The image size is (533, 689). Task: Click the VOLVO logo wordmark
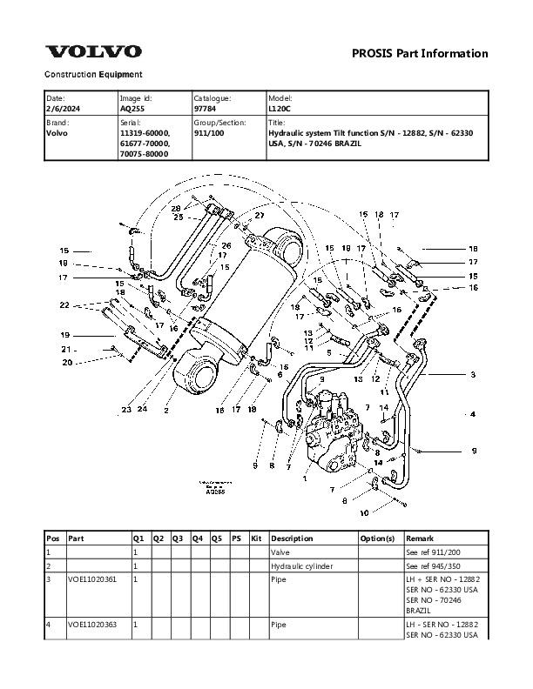click(x=93, y=52)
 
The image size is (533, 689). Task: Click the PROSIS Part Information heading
click(x=420, y=54)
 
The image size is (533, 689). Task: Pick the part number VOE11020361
click(x=91, y=579)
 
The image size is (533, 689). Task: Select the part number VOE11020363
click(x=91, y=624)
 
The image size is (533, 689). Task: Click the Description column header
click(x=292, y=539)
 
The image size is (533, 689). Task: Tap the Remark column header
click(x=419, y=539)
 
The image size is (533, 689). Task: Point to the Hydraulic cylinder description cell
click(x=304, y=565)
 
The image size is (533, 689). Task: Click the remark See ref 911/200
click(x=435, y=552)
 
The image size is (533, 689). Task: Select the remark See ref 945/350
click(x=435, y=565)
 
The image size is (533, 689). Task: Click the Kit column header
click(x=256, y=539)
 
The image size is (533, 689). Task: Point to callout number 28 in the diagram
click(x=175, y=209)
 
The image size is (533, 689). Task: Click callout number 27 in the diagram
click(x=259, y=215)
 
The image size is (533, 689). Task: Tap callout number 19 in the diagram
click(x=64, y=335)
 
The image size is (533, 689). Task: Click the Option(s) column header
click(x=377, y=539)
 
